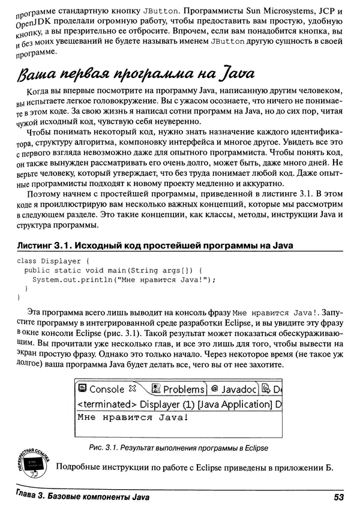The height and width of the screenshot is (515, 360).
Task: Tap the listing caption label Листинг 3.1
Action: (x=41, y=245)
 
